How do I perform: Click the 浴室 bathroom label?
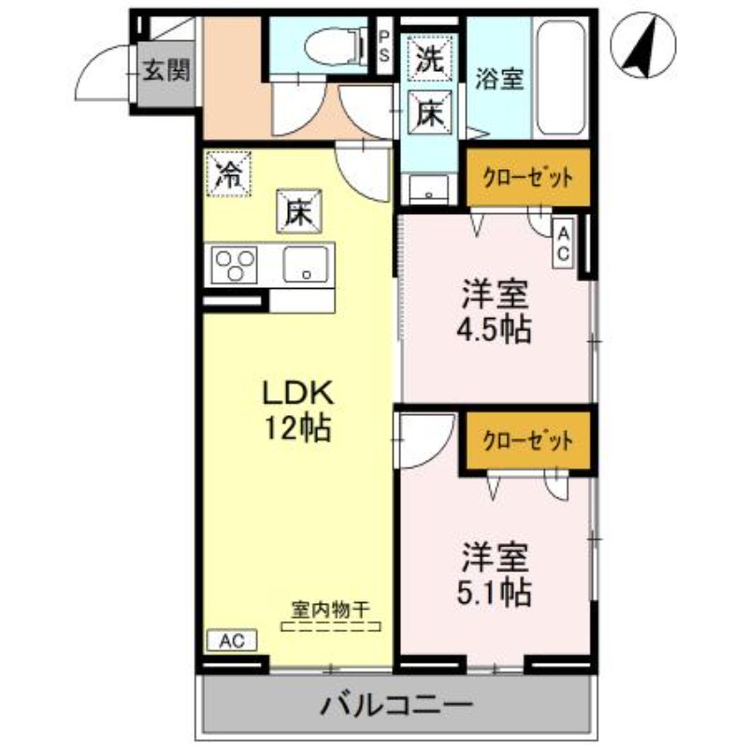497,78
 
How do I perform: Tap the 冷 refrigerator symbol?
228,173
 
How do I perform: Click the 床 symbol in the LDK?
297,210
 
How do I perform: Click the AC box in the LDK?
231,641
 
